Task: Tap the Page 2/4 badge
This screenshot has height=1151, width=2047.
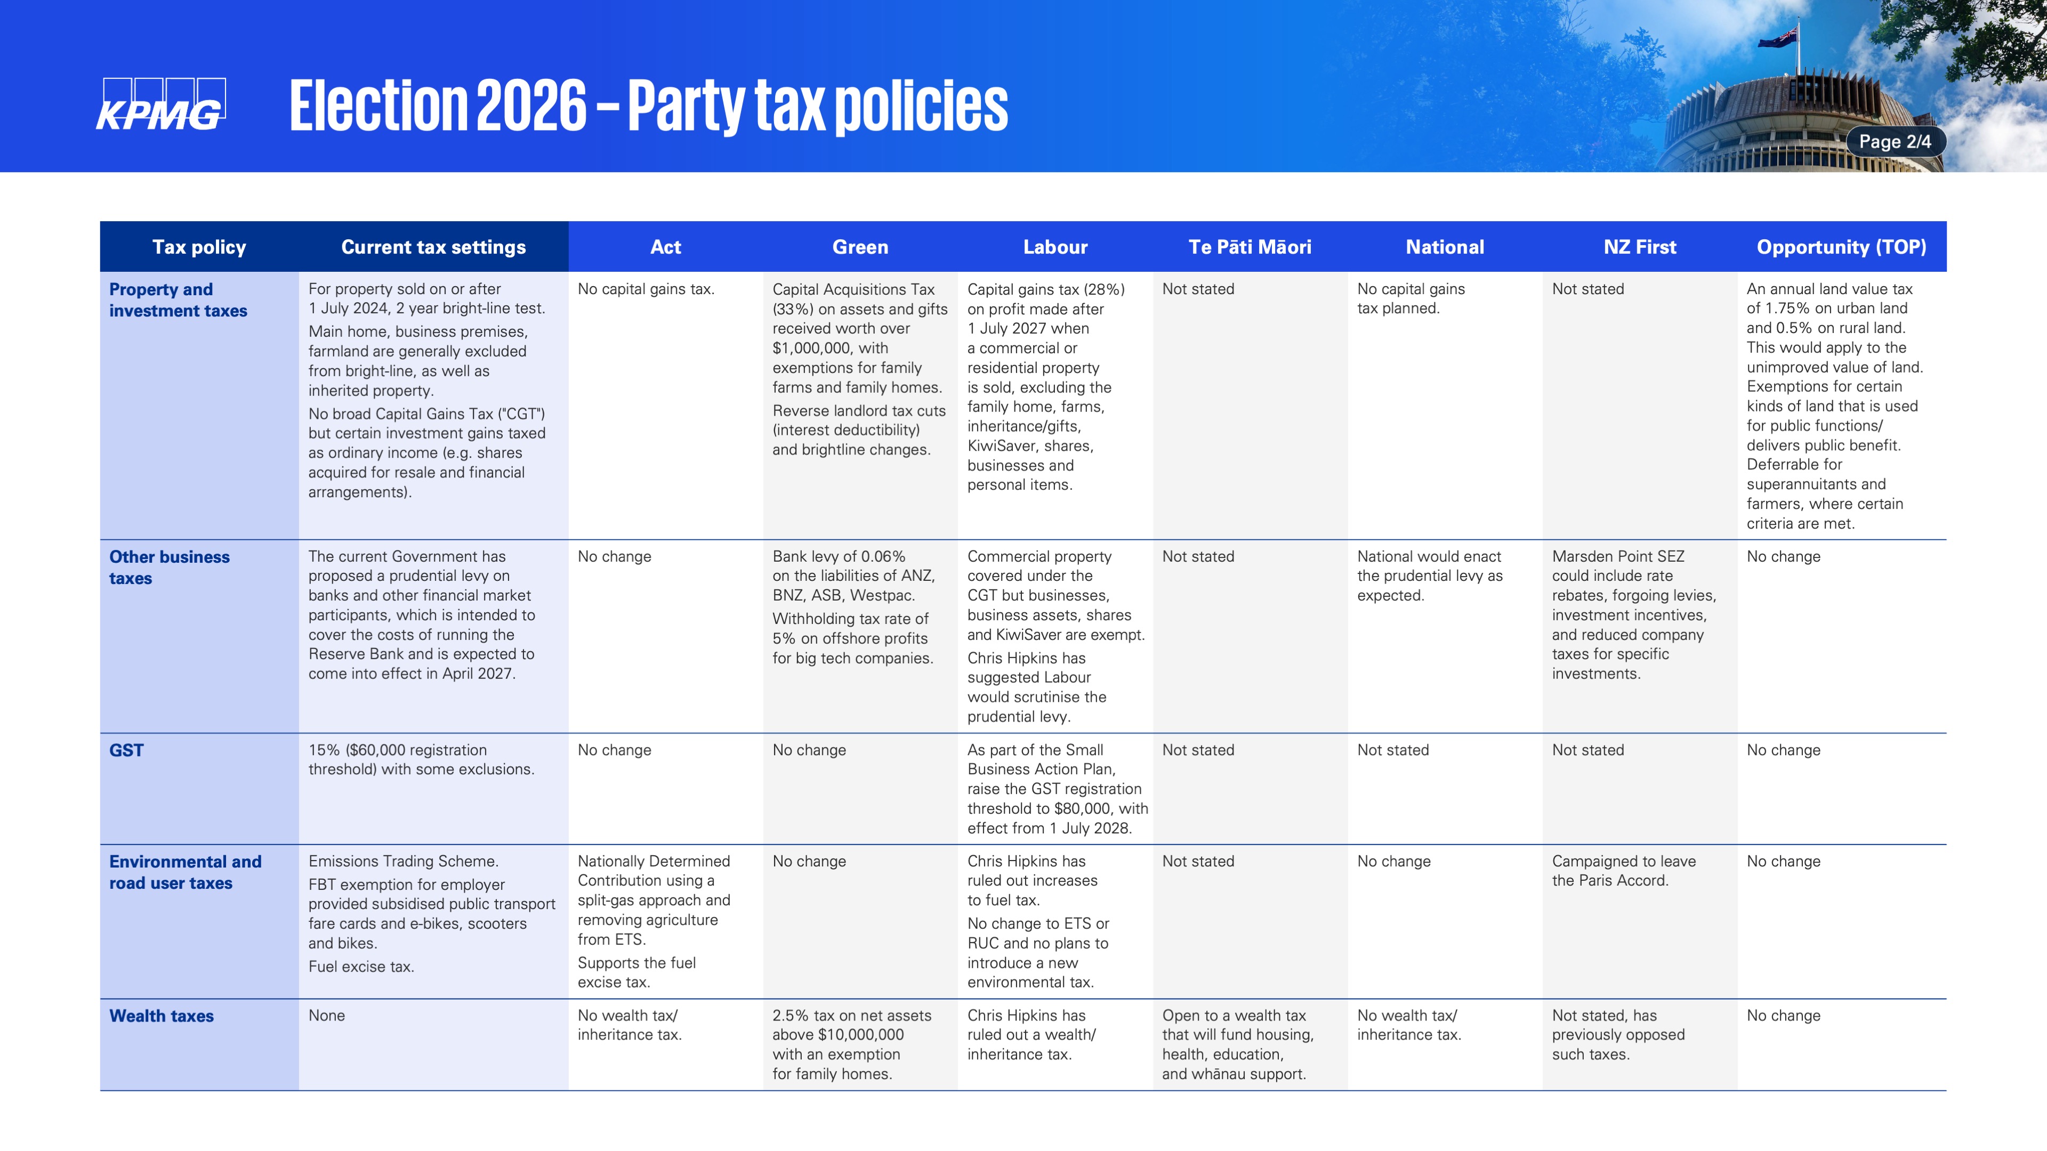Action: point(1895,141)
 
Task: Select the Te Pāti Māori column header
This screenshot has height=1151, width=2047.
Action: point(1250,247)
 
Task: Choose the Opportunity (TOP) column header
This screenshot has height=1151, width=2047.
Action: point(1841,247)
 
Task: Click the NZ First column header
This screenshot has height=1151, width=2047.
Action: point(1639,247)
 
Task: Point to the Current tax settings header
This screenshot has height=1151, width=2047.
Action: point(433,247)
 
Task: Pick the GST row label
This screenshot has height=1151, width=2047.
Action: point(126,750)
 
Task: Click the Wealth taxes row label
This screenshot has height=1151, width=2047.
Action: point(162,1016)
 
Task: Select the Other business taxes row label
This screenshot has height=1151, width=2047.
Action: point(170,567)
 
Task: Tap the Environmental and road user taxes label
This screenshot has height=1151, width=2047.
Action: point(185,872)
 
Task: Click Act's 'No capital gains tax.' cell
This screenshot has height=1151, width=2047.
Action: point(646,289)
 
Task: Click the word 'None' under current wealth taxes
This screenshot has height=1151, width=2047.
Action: point(327,1015)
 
